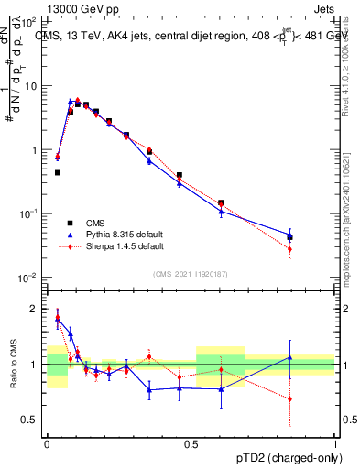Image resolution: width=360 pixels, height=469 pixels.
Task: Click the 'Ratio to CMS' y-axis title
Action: pyautogui.click(x=14, y=366)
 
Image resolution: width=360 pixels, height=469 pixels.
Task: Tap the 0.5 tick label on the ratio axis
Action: pyautogui.click(x=30, y=420)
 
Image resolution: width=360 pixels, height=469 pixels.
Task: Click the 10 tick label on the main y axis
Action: pyautogui.click(x=31, y=86)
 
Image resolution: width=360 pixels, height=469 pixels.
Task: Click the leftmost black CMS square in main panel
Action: pyautogui.click(x=57, y=172)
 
